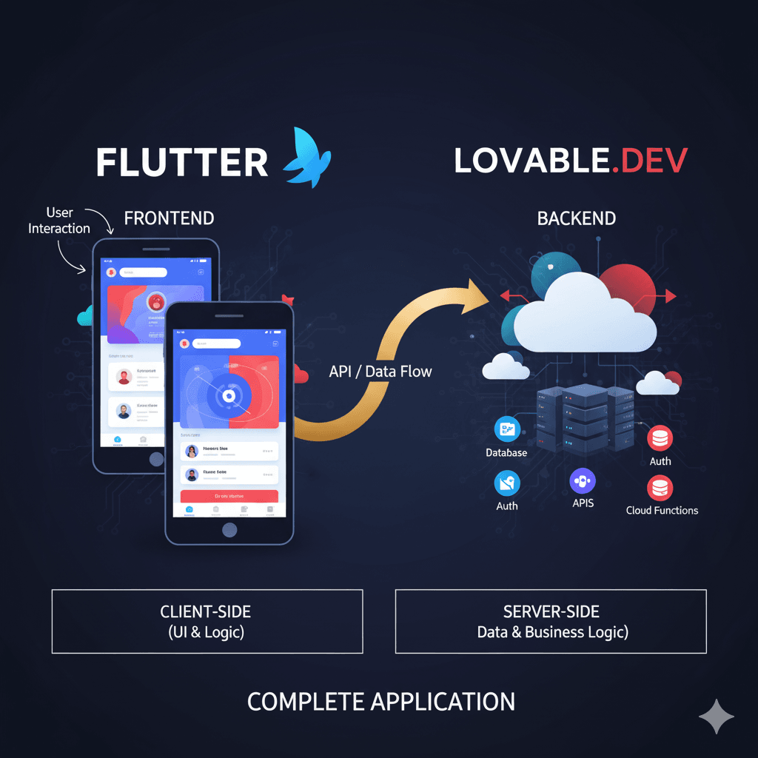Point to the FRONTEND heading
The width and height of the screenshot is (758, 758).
[x=169, y=218]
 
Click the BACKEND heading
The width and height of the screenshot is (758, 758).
[x=576, y=218]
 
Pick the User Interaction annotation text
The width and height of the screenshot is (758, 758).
[x=59, y=221]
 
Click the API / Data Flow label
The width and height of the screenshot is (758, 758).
[x=380, y=372]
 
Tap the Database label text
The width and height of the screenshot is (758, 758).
[x=506, y=452]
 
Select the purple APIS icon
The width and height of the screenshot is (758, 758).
[x=583, y=481]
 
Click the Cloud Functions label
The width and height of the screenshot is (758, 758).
[x=662, y=510]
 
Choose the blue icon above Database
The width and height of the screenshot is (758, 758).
[x=507, y=429]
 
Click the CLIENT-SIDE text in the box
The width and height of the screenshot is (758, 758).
[x=206, y=612]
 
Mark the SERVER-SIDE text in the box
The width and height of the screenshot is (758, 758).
[x=551, y=612]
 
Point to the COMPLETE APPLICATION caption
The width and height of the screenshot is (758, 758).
[x=380, y=702]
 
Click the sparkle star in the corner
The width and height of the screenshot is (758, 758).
[x=717, y=717]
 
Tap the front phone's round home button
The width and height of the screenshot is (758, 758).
[x=229, y=529]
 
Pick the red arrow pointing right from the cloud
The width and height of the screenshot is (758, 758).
[x=668, y=297]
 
